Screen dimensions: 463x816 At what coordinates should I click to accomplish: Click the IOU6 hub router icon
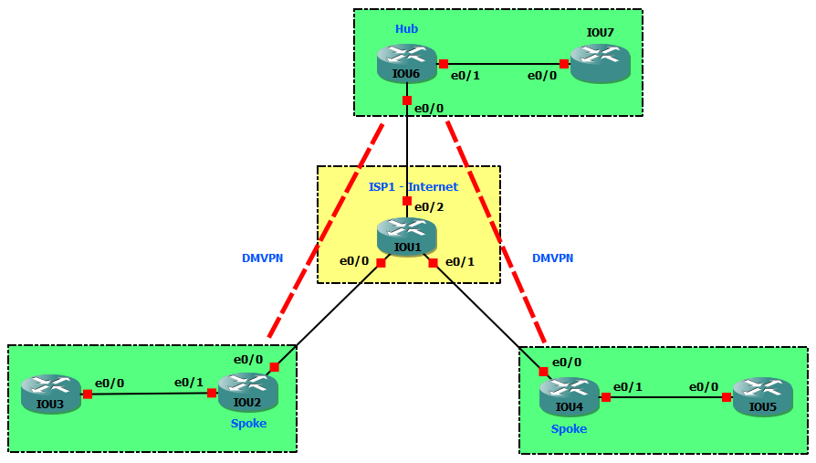click(406, 64)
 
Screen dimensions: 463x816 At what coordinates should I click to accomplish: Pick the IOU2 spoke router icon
click(247, 391)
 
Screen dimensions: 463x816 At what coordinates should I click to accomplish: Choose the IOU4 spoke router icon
click(569, 396)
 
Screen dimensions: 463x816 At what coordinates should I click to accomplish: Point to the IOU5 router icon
click(762, 397)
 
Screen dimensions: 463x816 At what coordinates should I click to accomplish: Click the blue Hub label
click(406, 29)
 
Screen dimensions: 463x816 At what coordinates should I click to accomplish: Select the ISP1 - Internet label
click(413, 187)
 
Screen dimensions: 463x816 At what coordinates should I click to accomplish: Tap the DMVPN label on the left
click(262, 258)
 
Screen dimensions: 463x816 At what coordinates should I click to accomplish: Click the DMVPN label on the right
click(552, 258)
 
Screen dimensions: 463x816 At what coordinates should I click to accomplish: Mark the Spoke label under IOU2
click(248, 423)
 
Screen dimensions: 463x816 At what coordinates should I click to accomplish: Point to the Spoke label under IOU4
click(569, 428)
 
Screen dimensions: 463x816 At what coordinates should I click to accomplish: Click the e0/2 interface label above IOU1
click(428, 206)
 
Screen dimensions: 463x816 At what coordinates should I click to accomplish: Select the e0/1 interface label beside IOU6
click(466, 75)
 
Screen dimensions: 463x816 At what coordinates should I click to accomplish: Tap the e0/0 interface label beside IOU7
click(541, 75)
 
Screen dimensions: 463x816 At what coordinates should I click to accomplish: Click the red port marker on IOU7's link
click(564, 64)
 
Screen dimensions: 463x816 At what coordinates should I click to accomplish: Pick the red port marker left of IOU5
click(727, 397)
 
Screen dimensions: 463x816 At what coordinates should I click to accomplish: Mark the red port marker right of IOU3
click(88, 395)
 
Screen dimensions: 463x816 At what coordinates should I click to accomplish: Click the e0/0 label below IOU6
click(429, 109)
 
